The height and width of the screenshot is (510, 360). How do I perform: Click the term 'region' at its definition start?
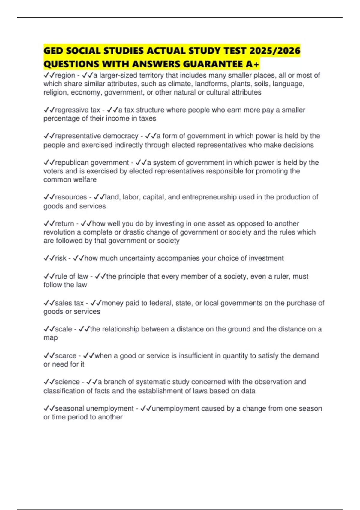(65, 75)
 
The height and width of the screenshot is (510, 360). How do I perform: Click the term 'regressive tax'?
(77, 110)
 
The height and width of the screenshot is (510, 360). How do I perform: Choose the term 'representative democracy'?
(97, 136)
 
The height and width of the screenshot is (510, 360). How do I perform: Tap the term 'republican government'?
(92, 163)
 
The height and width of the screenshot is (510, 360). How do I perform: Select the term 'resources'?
(71, 197)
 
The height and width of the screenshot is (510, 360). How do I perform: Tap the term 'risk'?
(61, 258)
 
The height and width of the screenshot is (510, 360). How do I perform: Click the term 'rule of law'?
(71, 276)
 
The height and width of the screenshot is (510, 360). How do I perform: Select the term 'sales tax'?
(69, 303)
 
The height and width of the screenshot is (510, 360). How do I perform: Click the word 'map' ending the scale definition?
(50, 338)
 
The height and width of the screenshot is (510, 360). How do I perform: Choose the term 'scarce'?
(66, 356)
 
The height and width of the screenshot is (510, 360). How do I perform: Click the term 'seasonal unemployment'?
(94, 409)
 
